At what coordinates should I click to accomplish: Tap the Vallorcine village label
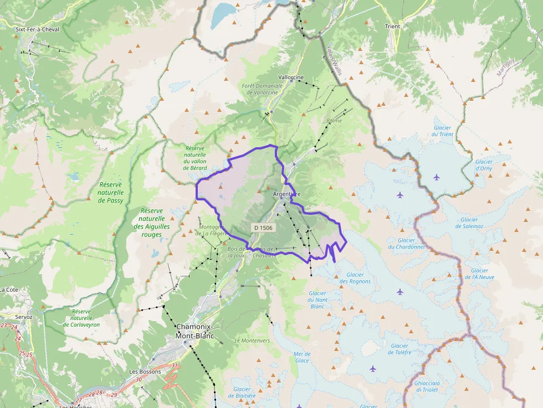[x=291, y=78]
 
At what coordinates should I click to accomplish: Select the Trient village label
[x=392, y=26]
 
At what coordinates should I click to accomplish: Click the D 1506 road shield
[x=263, y=228]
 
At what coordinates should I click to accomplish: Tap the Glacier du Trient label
[x=442, y=131]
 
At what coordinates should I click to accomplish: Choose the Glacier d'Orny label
[x=484, y=165]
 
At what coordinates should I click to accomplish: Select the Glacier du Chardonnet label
[x=406, y=244]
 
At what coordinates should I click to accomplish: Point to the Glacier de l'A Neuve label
[x=479, y=274]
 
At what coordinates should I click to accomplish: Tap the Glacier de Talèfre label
[x=399, y=349]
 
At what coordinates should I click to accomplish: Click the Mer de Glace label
[x=302, y=357]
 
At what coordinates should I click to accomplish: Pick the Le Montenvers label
[x=252, y=340]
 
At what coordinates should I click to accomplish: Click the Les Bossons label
[x=145, y=371]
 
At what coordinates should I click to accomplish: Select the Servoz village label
[x=24, y=317]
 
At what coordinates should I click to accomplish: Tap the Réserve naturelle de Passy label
[x=111, y=192]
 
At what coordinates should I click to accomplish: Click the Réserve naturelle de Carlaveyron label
[x=81, y=318]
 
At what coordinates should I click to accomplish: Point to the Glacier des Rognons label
[x=355, y=278]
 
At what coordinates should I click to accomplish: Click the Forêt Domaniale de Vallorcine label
[x=263, y=89]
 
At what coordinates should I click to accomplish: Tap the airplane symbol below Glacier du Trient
[x=437, y=177]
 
